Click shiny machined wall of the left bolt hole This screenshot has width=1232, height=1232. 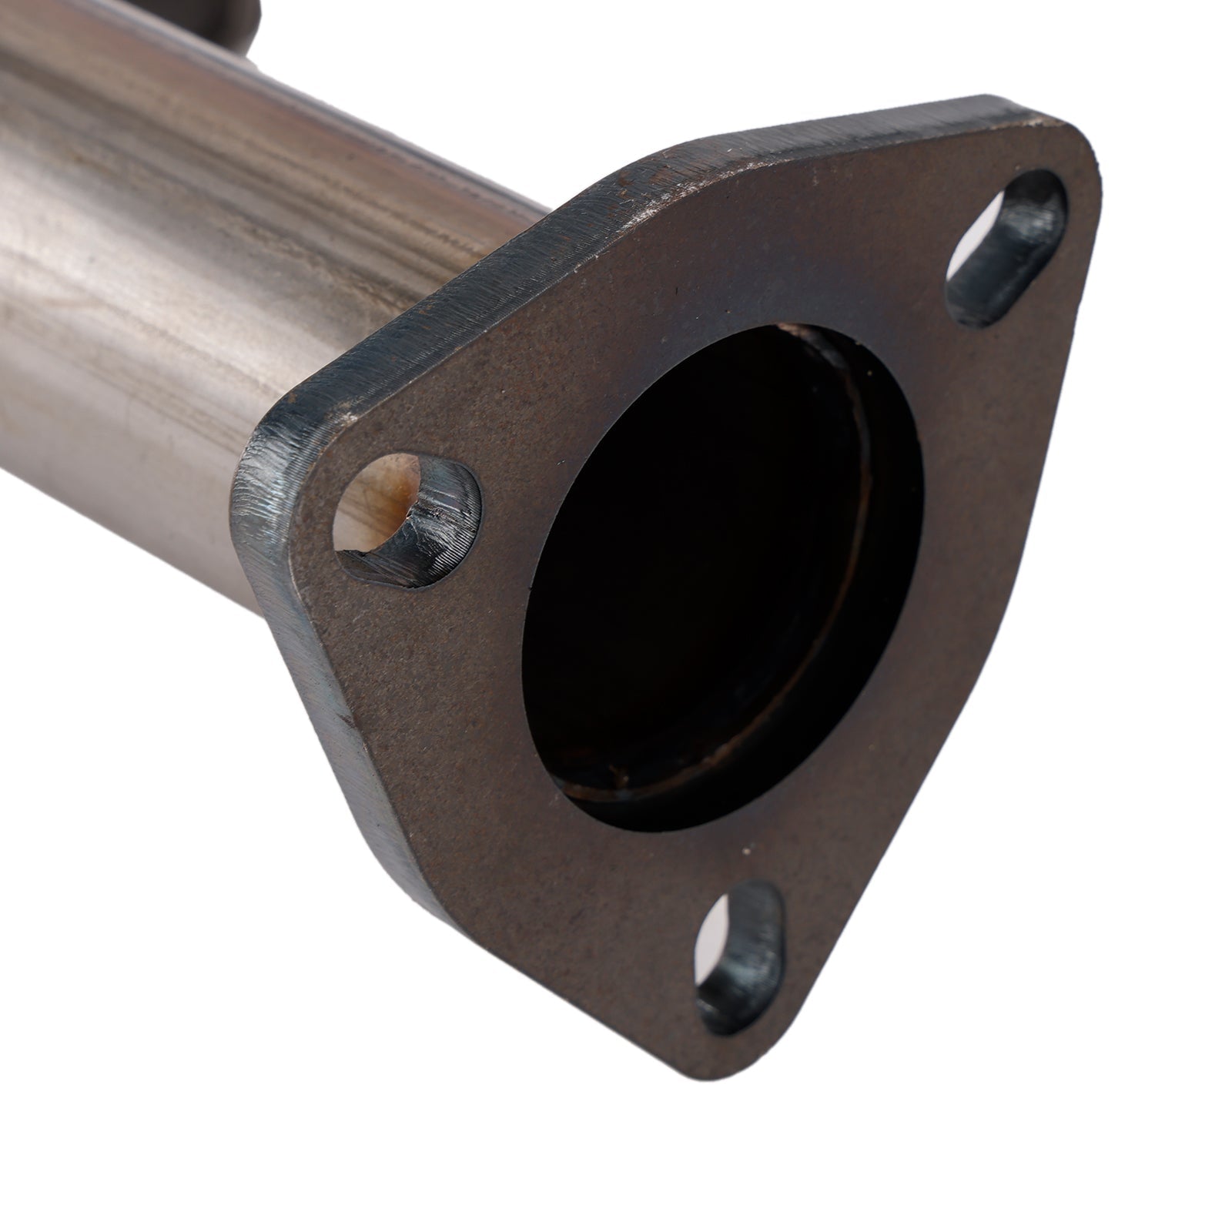point(447,516)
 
